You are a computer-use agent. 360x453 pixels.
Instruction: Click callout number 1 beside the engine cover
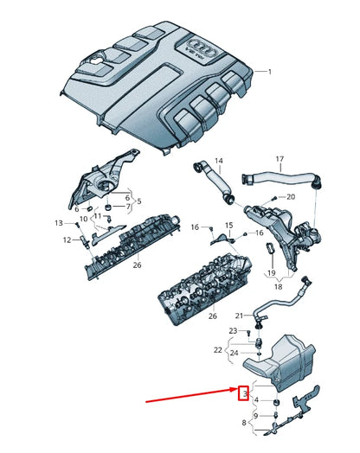(269, 73)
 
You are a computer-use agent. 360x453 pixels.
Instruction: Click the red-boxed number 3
(245, 393)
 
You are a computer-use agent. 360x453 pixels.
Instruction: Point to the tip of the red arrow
(235, 394)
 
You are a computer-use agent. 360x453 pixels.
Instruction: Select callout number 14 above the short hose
(218, 161)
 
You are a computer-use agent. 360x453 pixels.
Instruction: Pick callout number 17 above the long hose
(280, 160)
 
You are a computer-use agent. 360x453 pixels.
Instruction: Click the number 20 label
(290, 197)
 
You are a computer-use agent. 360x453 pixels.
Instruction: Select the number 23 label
(233, 331)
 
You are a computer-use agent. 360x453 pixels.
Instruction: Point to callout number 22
(219, 350)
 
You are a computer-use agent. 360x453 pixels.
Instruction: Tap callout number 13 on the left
(60, 223)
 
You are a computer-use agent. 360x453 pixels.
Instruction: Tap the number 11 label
(97, 216)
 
